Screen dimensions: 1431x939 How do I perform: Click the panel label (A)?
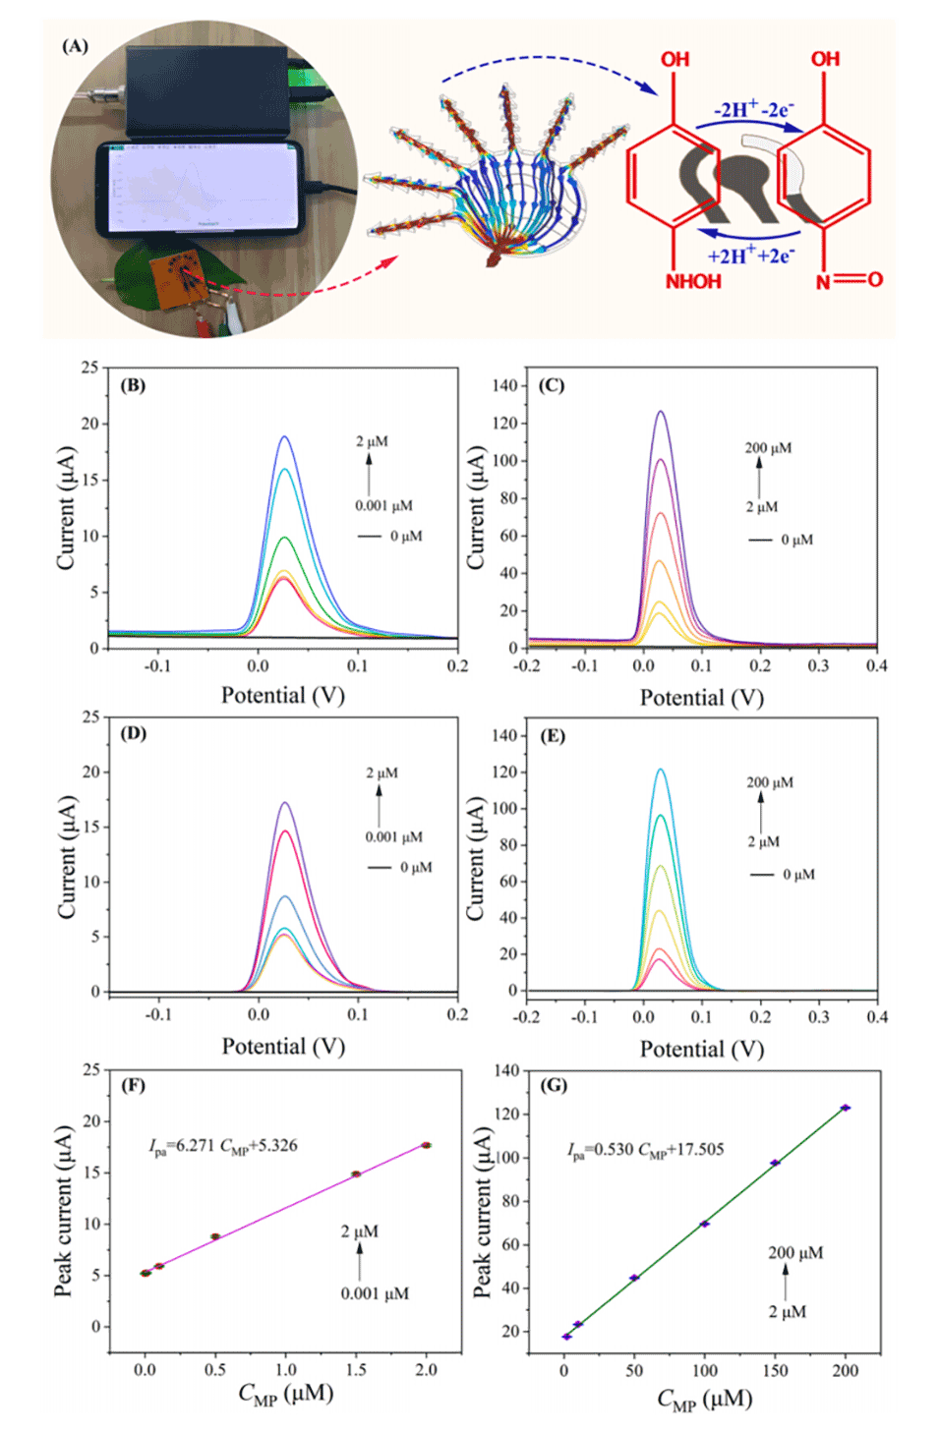point(75,46)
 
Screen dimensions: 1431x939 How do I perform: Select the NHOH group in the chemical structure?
point(693,282)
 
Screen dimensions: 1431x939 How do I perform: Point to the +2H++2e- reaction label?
point(750,257)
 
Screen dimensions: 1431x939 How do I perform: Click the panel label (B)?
point(133,385)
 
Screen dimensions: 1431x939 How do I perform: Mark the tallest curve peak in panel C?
point(661,412)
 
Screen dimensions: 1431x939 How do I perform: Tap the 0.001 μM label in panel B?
point(383,506)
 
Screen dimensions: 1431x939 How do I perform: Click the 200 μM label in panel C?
point(768,448)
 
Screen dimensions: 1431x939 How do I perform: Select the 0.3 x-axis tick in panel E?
point(818,1017)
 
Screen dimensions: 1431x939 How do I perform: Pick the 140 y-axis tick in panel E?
point(504,735)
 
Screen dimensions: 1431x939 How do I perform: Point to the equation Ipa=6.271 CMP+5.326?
point(223,1146)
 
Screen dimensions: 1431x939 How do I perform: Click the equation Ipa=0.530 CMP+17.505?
point(645,1150)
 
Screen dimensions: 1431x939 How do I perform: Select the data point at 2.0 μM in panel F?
point(426,1145)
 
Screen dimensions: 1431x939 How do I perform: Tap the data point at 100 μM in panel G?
point(705,1224)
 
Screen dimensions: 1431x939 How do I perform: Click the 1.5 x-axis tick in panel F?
point(356,1370)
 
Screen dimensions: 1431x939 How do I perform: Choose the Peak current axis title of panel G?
point(483,1212)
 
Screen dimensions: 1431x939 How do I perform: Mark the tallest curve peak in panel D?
point(285,804)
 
